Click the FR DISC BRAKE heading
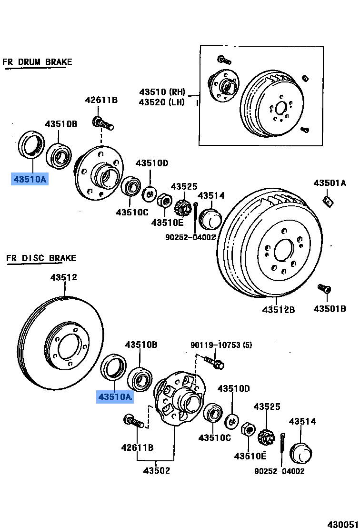(41, 258)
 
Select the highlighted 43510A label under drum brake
(30, 179)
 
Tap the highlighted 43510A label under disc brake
(115, 396)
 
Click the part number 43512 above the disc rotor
(64, 277)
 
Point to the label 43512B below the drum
(278, 310)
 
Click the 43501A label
(330, 183)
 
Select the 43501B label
(330, 309)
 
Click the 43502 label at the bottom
(157, 471)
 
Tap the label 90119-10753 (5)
(221, 345)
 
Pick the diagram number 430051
(342, 523)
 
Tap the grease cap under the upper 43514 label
(210, 219)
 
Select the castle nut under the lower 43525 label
(266, 436)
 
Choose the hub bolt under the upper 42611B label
(103, 124)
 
